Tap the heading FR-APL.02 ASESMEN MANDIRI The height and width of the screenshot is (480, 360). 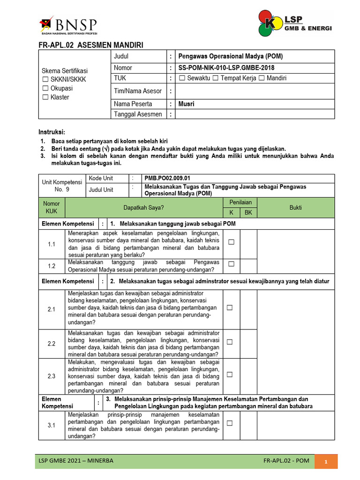pos(90,45)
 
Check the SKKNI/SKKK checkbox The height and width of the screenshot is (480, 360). pos(45,79)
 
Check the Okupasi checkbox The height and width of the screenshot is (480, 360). pos(45,88)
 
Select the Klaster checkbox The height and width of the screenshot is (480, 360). pos(45,97)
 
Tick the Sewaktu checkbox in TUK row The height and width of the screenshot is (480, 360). pos(182,78)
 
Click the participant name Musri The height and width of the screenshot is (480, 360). pos(186,104)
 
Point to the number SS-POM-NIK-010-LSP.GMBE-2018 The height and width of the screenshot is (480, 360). pos(224,68)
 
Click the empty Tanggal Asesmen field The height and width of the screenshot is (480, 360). pos(255,114)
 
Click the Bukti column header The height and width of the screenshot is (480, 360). pos(295,208)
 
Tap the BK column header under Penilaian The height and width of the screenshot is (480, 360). pos(248,213)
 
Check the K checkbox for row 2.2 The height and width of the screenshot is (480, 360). pos(230,342)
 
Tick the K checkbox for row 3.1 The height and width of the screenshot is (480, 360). pos(230,423)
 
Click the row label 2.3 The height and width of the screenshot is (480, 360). pos(52,376)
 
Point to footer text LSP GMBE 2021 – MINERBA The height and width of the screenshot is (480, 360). pos(76,461)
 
